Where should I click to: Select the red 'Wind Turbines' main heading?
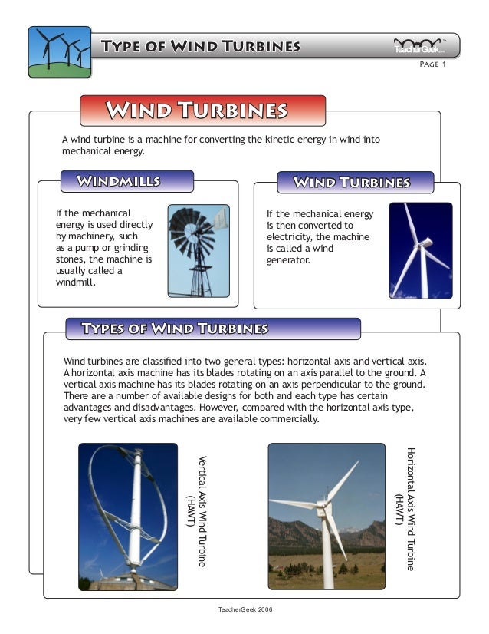pos(196,111)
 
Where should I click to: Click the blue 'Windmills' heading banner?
pos(119,181)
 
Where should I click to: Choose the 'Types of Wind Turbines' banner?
pos(176,329)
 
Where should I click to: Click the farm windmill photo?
pos(199,250)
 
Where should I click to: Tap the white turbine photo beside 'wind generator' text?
pos(420,250)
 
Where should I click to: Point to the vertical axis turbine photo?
pos(127,516)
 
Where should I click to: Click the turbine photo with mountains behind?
pos(326,516)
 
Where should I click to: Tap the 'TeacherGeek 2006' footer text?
pos(246,608)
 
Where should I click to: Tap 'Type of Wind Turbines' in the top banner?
pos(201,46)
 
